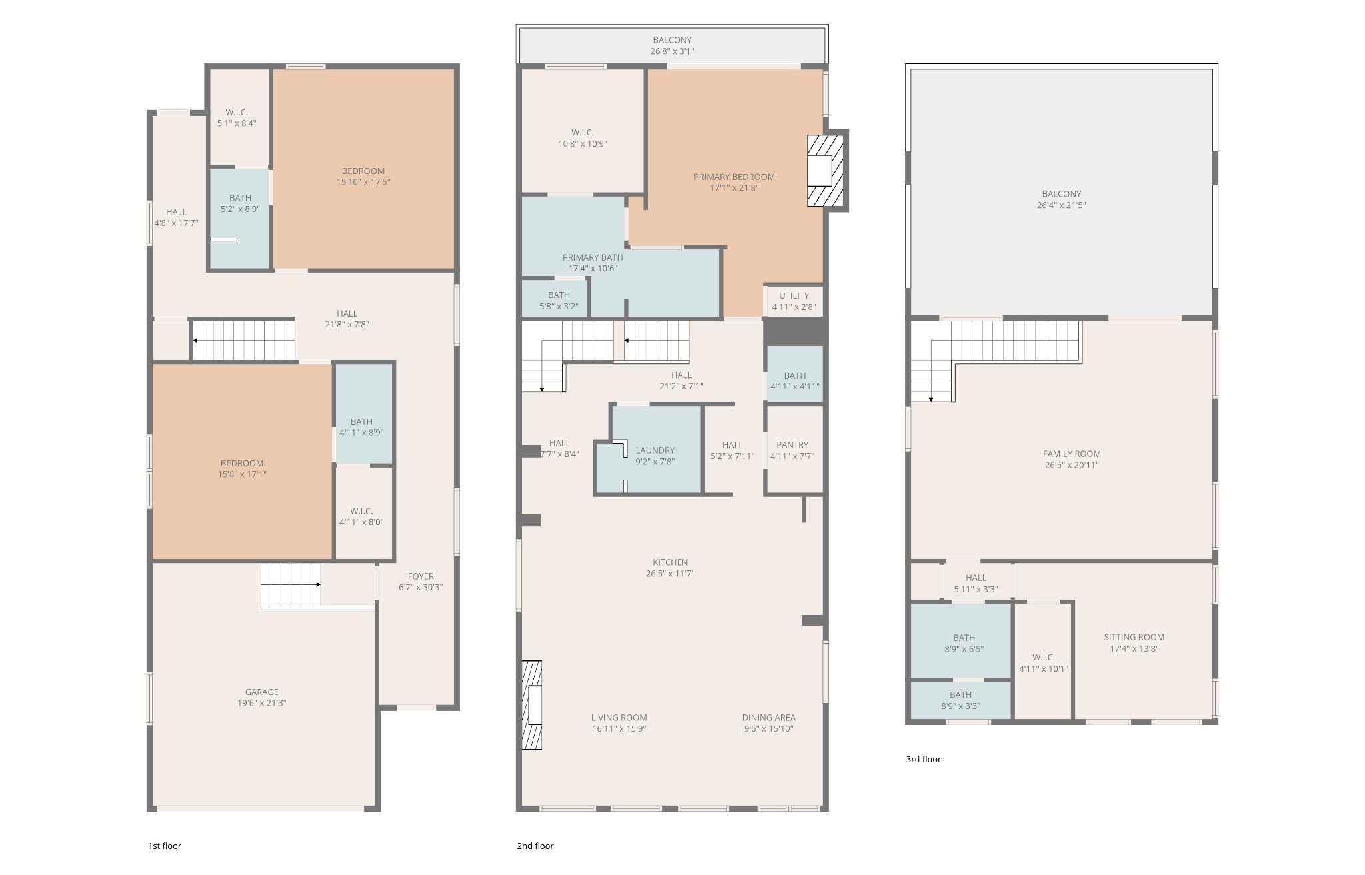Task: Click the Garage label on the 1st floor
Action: [261, 692]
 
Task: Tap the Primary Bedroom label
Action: [734, 177]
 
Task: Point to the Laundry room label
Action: [655, 450]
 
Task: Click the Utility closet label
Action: [794, 295]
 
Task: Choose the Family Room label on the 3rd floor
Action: [1072, 454]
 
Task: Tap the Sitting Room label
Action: [1134, 637]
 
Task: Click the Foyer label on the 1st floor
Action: [421, 576]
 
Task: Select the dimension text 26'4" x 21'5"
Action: [1061, 205]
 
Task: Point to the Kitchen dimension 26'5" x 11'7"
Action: [670, 574]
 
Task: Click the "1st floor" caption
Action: [165, 846]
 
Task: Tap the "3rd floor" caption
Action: [923, 759]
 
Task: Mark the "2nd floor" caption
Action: [535, 846]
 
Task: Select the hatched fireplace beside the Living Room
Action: [531, 705]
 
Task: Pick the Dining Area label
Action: [768, 718]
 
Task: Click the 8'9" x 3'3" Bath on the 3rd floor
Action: [960, 700]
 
